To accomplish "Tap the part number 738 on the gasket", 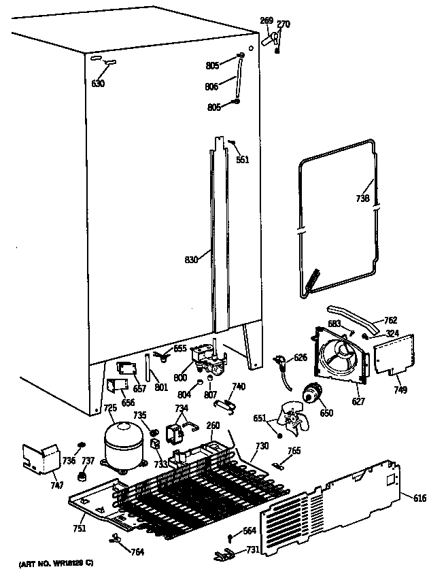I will pyautogui.click(x=363, y=199).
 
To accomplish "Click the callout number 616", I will pyautogui.click(x=419, y=498).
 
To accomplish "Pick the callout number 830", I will pyautogui.click(x=192, y=258).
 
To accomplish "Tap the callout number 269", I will pyautogui.click(x=267, y=21).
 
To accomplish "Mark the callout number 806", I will pyautogui.click(x=213, y=86).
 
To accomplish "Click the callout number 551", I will pyautogui.click(x=242, y=160).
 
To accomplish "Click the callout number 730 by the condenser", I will pyautogui.click(x=262, y=446).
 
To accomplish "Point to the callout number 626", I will pyautogui.click(x=300, y=357).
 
